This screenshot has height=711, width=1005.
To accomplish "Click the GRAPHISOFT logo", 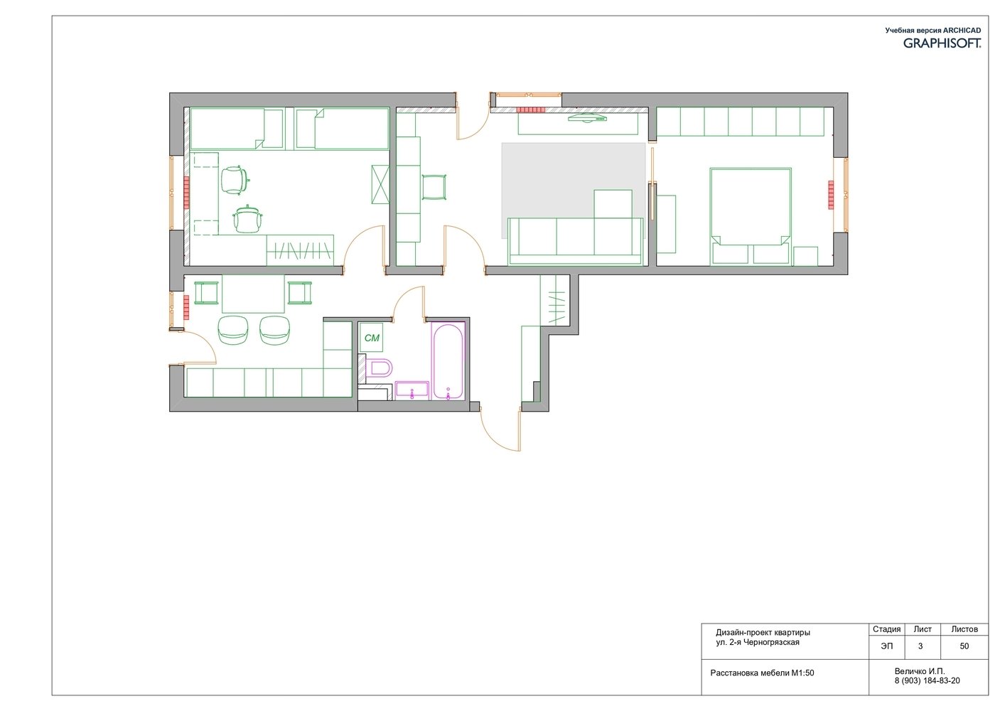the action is [942, 43].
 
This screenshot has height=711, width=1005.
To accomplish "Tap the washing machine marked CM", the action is [372, 338].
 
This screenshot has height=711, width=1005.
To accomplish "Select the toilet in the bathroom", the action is [379, 368].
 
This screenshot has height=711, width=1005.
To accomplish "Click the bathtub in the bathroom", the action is [448, 361].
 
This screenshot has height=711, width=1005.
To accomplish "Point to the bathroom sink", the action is [412, 390].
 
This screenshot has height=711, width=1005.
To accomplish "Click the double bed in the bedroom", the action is [750, 217].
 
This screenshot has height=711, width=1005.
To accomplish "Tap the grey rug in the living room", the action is [574, 191].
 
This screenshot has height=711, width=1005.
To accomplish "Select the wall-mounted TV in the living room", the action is [587, 119].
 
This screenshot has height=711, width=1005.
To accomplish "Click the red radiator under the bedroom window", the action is [831, 195].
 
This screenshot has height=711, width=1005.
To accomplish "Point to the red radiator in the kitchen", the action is [186, 307].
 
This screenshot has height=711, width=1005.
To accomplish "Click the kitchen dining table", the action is [253, 294].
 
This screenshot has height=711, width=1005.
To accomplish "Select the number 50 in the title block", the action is [964, 646].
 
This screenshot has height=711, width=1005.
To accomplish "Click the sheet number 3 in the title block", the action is [920, 646].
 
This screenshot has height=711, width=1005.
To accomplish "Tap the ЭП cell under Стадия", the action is [886, 646].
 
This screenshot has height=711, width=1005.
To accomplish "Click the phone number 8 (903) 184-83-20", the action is [928, 680].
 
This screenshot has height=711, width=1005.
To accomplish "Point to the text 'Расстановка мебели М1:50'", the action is [762, 673].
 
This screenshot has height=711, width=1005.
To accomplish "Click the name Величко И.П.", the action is [920, 671].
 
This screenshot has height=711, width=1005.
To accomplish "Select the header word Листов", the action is [964, 629].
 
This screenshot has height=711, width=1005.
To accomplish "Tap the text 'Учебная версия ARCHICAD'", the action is [933, 30].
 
